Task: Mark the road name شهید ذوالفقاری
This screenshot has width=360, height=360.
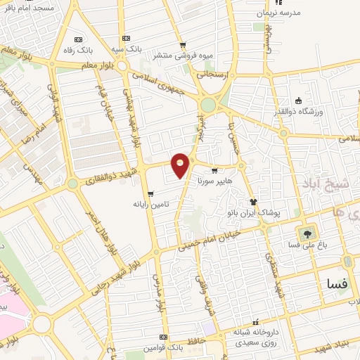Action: click(x=112, y=174)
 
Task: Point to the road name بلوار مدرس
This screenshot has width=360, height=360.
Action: click(x=158, y=295)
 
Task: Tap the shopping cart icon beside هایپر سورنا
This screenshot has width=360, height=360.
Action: click(x=214, y=169)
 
